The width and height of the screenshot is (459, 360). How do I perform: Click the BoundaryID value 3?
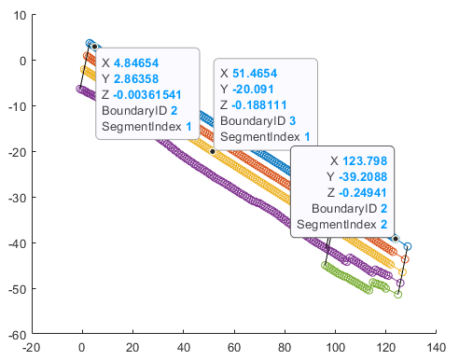coord(292,120)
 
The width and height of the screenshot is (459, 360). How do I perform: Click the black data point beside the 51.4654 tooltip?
coord(213,151)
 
